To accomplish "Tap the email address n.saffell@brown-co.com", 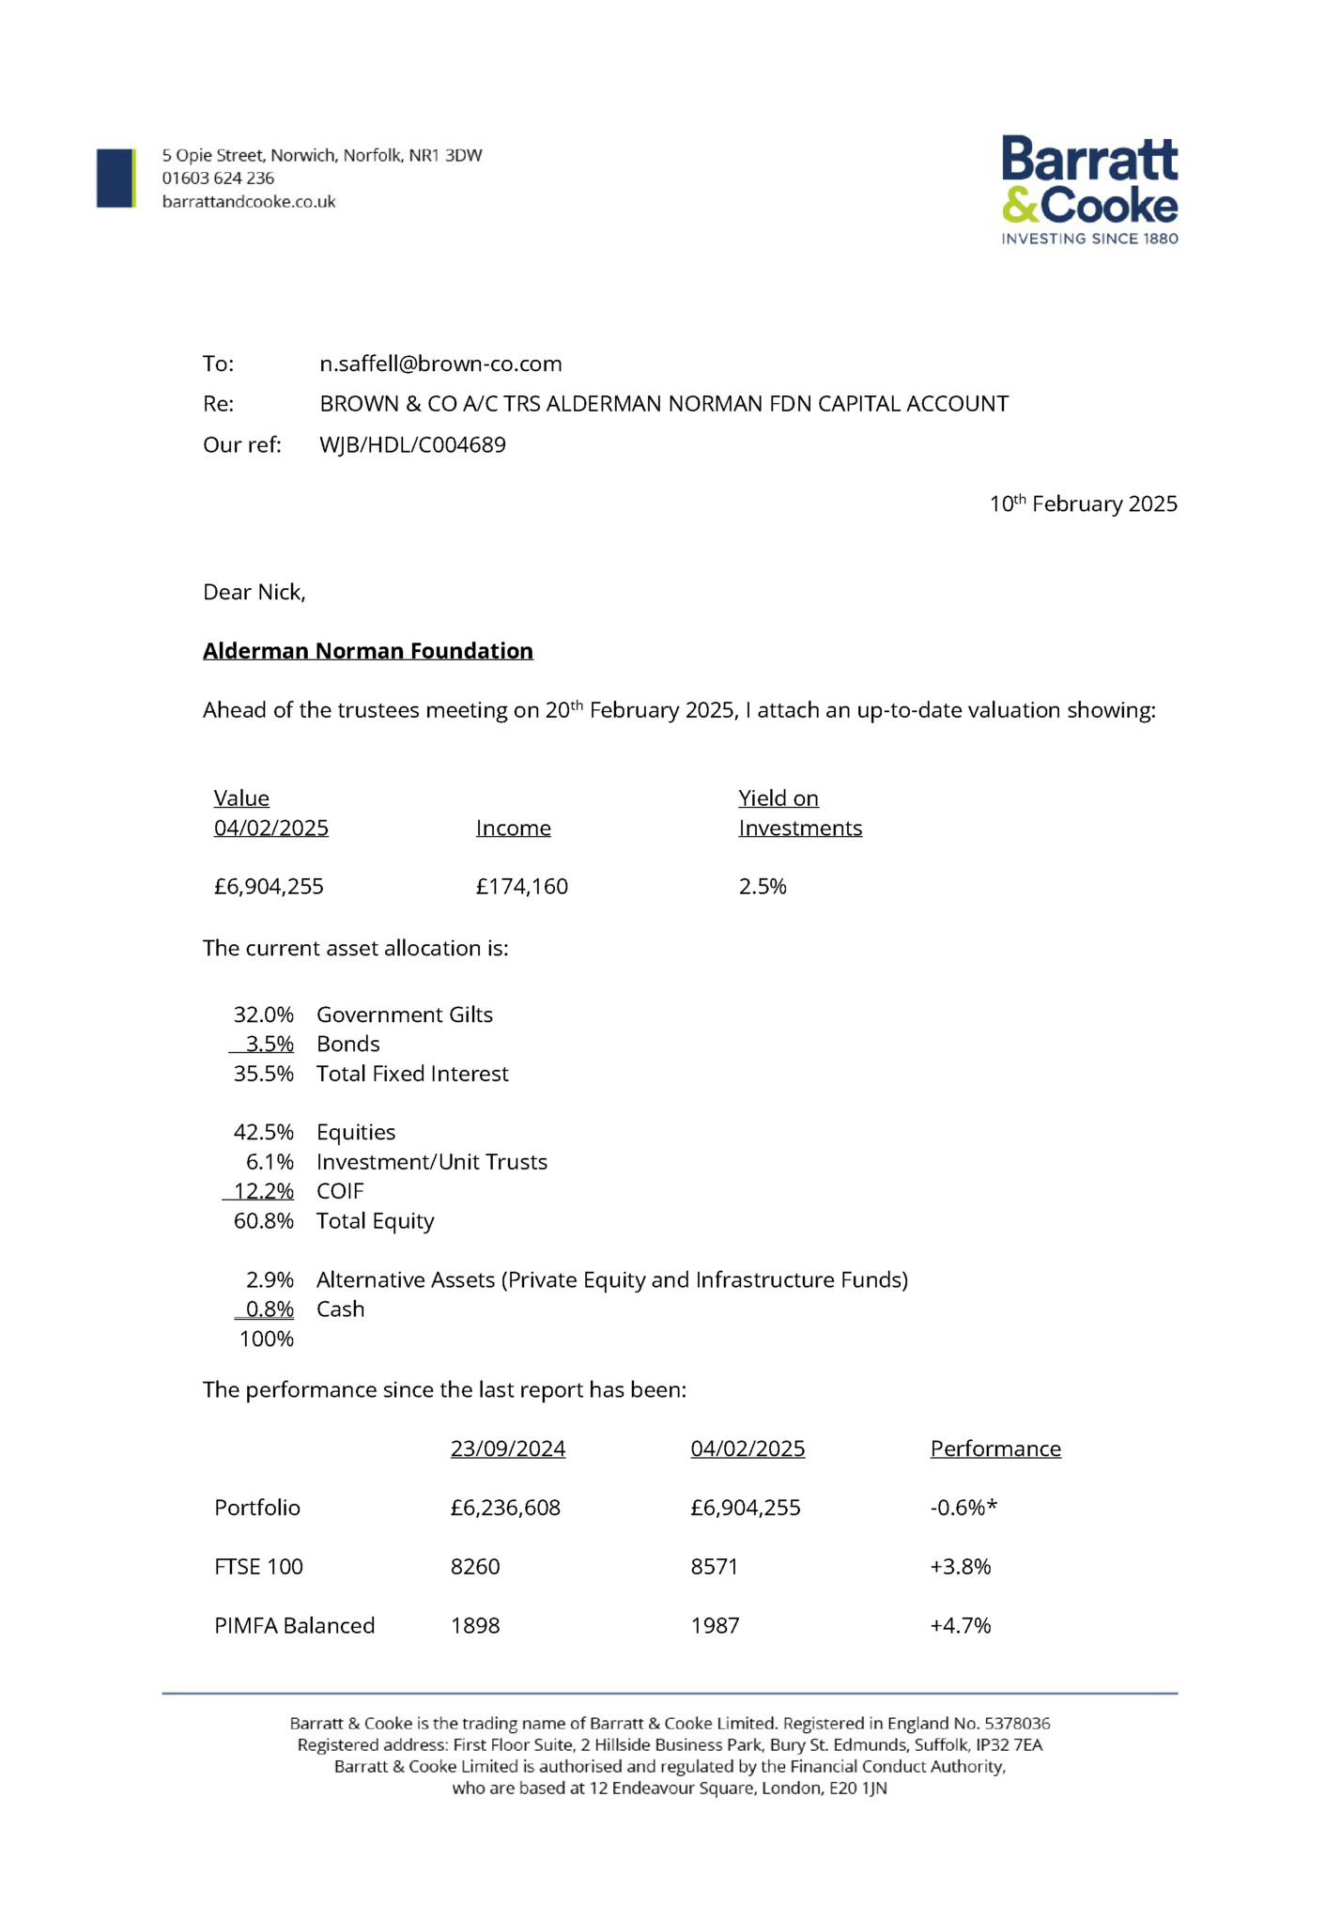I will coord(440,364).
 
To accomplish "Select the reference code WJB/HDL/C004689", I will coord(412,444).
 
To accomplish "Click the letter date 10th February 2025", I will coord(1083,503).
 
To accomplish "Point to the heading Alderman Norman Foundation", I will coord(368,651).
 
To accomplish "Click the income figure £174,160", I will coord(521,887).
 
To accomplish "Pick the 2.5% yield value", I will coord(763,887).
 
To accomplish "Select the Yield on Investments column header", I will coord(799,813).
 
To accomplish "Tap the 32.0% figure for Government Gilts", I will coord(264,1014).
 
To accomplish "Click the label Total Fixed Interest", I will coord(412,1074).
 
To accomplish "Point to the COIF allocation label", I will coord(340,1191).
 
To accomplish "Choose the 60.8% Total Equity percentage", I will coord(264,1221).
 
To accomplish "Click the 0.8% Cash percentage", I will coord(270,1309).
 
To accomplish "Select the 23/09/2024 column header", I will coord(508,1448).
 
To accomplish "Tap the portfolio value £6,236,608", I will coord(505,1508).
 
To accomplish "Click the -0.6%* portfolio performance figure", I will coord(963,1508).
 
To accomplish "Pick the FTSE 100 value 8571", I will coord(715,1567).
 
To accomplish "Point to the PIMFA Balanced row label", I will coord(295,1626).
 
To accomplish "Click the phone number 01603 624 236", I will coord(218,178).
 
